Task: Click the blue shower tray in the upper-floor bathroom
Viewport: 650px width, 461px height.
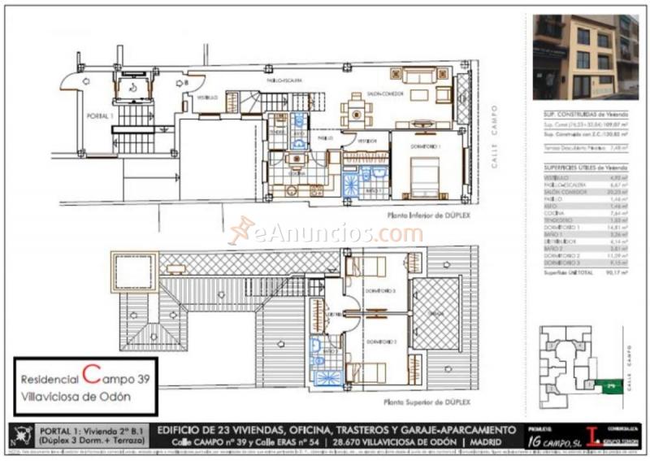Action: click(328, 378)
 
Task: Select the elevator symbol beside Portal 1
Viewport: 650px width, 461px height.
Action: click(131, 88)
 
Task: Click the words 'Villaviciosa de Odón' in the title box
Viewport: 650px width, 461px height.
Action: click(76, 395)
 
